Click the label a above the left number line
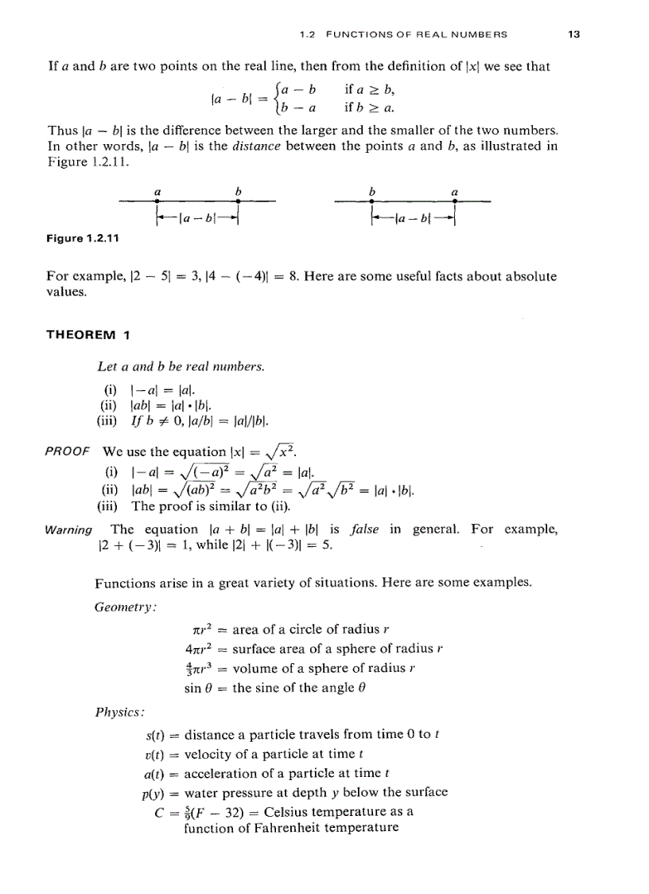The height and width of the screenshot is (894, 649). (157, 191)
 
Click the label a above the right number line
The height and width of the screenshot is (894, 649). (454, 191)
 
